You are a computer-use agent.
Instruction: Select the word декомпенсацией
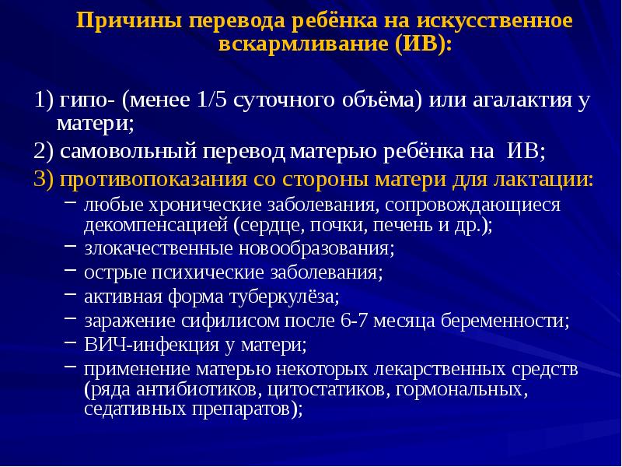[156, 226]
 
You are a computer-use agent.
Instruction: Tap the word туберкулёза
[288, 297]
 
